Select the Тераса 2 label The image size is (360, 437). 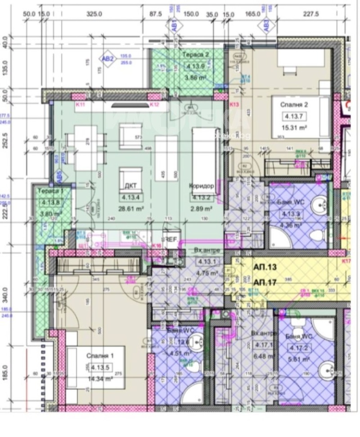pyautogui.click(x=196, y=55)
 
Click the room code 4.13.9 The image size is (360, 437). pyautogui.click(x=195, y=66)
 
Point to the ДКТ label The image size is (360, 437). pyautogui.click(x=131, y=186)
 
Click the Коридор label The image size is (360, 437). pyautogui.click(x=201, y=186)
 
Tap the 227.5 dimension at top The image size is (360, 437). pyautogui.click(x=310, y=14)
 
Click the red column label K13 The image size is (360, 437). pyautogui.click(x=234, y=105)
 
